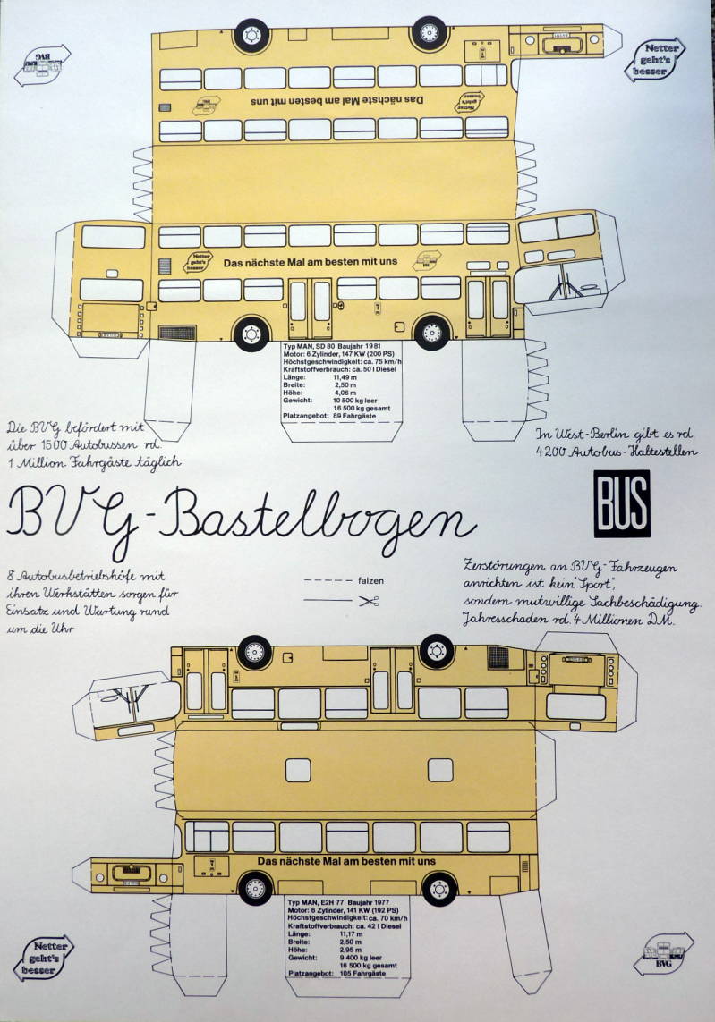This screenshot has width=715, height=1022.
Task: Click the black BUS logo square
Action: point(621,503)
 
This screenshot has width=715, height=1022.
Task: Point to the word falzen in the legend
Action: point(370,580)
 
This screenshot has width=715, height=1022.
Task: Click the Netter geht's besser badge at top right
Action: point(656,60)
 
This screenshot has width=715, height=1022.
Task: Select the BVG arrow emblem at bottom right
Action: point(664,956)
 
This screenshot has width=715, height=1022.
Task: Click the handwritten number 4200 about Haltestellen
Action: point(556,453)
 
